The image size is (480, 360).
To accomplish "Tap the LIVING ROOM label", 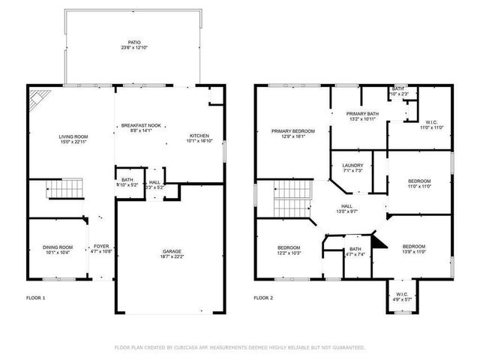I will coord(73,136).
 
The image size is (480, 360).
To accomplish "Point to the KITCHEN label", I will coord(199,136).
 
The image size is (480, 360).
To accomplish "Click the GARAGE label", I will coord(172,251).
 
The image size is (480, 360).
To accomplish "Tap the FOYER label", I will coord(100,247).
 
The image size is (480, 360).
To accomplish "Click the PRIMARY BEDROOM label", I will coord(292,131).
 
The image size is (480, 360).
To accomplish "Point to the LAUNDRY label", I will coord(352,165).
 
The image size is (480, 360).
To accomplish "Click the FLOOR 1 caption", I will coord(35,298).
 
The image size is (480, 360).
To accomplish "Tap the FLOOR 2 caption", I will coord(262,298).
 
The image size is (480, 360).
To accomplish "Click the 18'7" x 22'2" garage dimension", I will coord(172,257).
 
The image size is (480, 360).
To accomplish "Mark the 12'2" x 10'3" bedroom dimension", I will coord(289,253).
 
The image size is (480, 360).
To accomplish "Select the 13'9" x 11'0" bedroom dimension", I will coord(413,253).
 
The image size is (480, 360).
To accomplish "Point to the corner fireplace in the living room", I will coord(37,99).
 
